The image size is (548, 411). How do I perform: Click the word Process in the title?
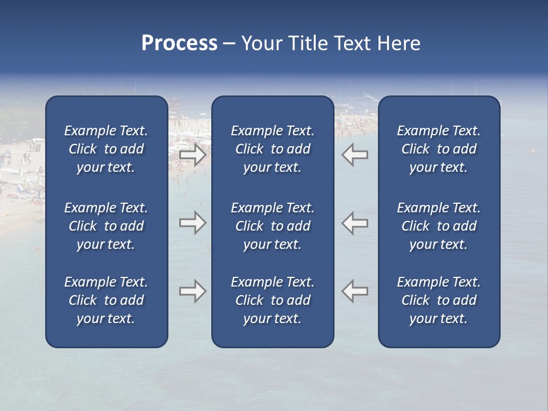click(x=179, y=43)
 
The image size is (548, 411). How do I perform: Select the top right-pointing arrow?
click(x=192, y=155)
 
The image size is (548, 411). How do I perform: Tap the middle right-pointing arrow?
click(x=192, y=223)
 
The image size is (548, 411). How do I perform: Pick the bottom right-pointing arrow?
click(x=192, y=291)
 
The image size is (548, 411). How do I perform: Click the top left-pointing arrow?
click(x=355, y=155)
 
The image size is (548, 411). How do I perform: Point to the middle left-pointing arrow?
click(x=355, y=223)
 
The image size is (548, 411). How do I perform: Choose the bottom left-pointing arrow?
click(x=355, y=291)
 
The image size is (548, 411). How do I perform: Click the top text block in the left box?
click(x=106, y=149)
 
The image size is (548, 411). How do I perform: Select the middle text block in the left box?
click(x=106, y=226)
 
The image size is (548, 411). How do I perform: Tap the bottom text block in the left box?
click(x=106, y=300)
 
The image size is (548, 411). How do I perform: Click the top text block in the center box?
click(x=272, y=149)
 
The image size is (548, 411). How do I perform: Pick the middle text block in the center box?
click(x=272, y=226)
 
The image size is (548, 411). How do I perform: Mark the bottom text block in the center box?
click(x=272, y=300)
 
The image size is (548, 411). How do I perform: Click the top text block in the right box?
click(x=439, y=149)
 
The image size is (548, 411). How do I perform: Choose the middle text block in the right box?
click(x=439, y=226)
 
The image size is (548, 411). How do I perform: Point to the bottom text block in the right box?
click(x=439, y=300)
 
